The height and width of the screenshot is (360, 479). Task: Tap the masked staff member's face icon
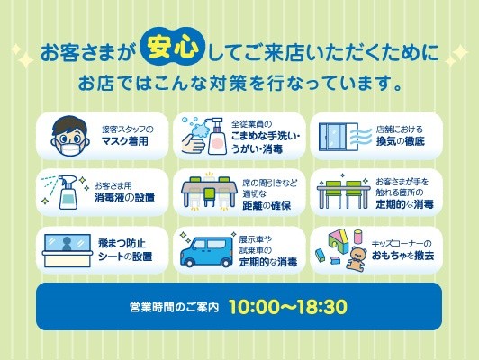click(70, 136)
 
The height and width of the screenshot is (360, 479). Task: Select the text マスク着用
click(125, 141)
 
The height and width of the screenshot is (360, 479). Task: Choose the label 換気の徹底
click(401, 141)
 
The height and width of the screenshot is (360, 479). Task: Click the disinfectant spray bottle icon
click(68, 192)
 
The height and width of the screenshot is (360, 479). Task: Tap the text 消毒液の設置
click(124, 198)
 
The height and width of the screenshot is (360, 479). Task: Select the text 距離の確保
click(267, 206)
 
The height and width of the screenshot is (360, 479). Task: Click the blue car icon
click(206, 252)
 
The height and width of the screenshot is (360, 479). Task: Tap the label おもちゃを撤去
click(403, 256)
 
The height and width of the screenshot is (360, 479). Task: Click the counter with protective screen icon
click(68, 250)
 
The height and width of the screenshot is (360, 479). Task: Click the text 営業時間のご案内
click(175, 307)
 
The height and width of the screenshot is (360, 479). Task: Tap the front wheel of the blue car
click(189, 261)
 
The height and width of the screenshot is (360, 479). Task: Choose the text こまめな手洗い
click(265, 136)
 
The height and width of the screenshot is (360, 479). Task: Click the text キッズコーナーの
click(402, 243)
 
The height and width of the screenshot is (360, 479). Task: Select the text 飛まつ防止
click(122, 243)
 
